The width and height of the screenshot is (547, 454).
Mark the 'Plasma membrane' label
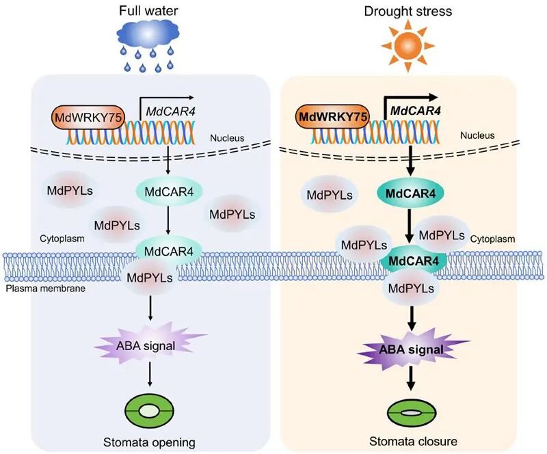pos(35,288)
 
